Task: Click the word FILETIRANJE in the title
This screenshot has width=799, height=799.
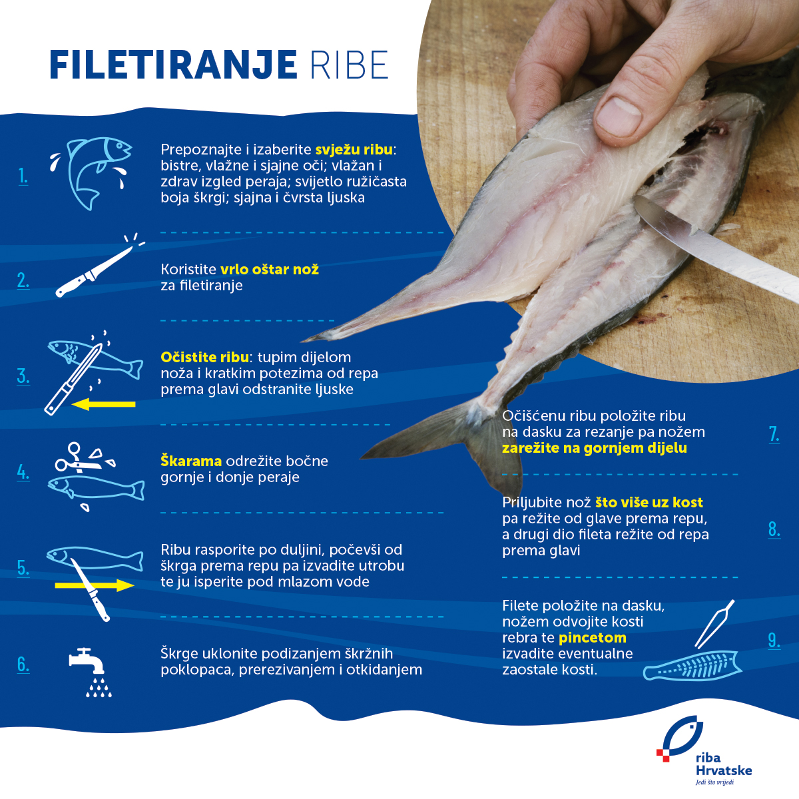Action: click(x=173, y=65)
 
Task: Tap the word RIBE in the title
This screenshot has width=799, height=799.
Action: click(x=349, y=65)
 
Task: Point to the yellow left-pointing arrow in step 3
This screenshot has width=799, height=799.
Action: click(x=103, y=404)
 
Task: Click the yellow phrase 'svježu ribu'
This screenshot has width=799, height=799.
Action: click(x=354, y=149)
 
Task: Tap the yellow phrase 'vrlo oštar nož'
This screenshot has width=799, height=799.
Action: click(x=270, y=270)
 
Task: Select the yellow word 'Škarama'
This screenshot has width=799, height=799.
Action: click(x=191, y=461)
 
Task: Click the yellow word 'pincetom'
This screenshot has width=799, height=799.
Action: click(x=592, y=638)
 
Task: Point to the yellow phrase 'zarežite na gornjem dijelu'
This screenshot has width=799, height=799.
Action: click(x=594, y=448)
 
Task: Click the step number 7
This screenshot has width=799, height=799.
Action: click(x=774, y=434)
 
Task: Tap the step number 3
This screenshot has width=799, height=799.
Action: click(x=23, y=376)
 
